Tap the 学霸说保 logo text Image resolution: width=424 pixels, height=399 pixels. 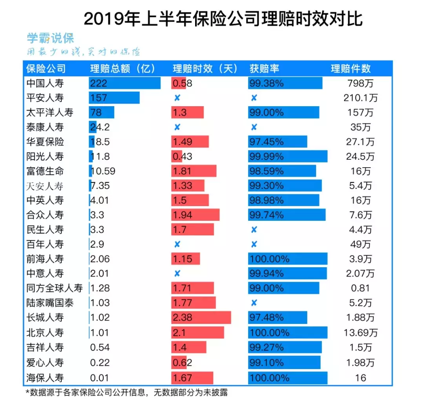tap(50, 38)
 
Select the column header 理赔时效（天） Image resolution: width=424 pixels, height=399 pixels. tap(205, 68)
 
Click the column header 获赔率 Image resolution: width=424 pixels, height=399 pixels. tap(264, 68)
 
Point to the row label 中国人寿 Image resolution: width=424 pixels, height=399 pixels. tap(45, 83)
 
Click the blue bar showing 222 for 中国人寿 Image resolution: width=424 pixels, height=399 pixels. tap(124, 83)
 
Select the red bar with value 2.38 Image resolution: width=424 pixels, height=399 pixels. tap(201, 318)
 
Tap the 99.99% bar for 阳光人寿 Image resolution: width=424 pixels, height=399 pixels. tap(287, 156)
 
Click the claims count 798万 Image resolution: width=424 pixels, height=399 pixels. tap(360, 83)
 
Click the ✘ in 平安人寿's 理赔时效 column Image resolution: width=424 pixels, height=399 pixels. tap(177, 98)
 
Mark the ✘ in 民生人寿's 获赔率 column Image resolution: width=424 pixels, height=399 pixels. tap(254, 230)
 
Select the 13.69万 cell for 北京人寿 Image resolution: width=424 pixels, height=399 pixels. tap(360, 332)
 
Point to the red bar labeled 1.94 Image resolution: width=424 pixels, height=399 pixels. tap(195, 215)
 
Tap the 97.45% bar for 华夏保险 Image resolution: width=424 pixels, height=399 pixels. tap(278, 142)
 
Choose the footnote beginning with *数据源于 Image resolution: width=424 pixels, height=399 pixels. tap(126, 392)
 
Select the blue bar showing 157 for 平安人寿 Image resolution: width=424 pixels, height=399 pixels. tap(114, 98)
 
